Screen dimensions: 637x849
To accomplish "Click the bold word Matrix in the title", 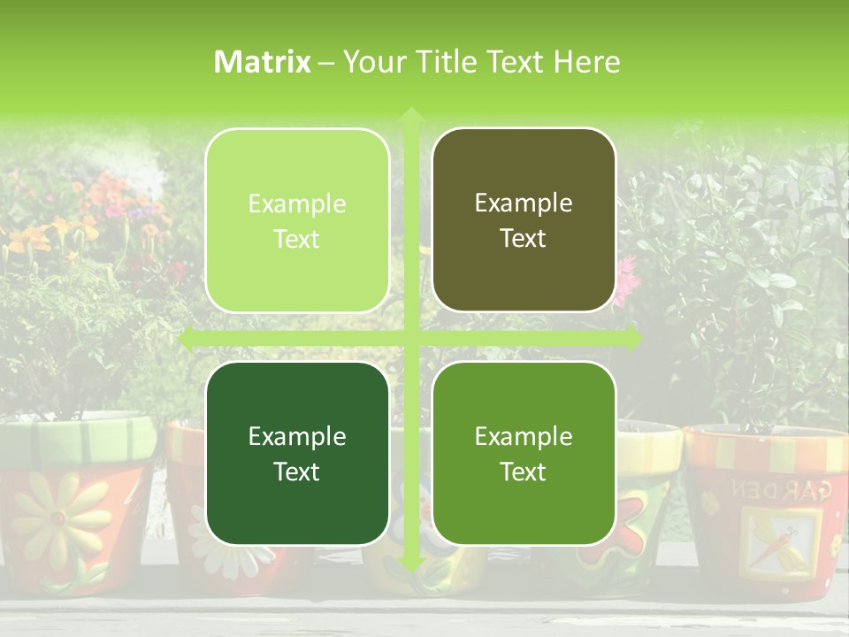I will click(x=263, y=62).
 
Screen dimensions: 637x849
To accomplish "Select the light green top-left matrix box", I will click(x=297, y=221).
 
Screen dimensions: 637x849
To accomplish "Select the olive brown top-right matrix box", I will click(x=524, y=220).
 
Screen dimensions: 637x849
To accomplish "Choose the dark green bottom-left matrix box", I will click(x=297, y=454).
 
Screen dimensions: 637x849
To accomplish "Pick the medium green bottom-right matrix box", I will click(x=524, y=453).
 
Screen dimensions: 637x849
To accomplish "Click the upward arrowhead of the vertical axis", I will click(x=410, y=115).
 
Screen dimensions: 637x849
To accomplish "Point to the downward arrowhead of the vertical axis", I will click(x=410, y=564).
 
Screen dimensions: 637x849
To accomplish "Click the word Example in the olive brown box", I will click(x=524, y=203).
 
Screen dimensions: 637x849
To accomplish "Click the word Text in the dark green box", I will click(x=297, y=472).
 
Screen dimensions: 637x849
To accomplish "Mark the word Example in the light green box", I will click(x=297, y=203).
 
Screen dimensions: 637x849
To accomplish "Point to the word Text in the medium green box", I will click(x=524, y=472).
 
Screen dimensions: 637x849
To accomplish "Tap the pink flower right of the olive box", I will click(x=626, y=279).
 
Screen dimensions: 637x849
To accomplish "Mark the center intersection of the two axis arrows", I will click(x=410, y=338).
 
